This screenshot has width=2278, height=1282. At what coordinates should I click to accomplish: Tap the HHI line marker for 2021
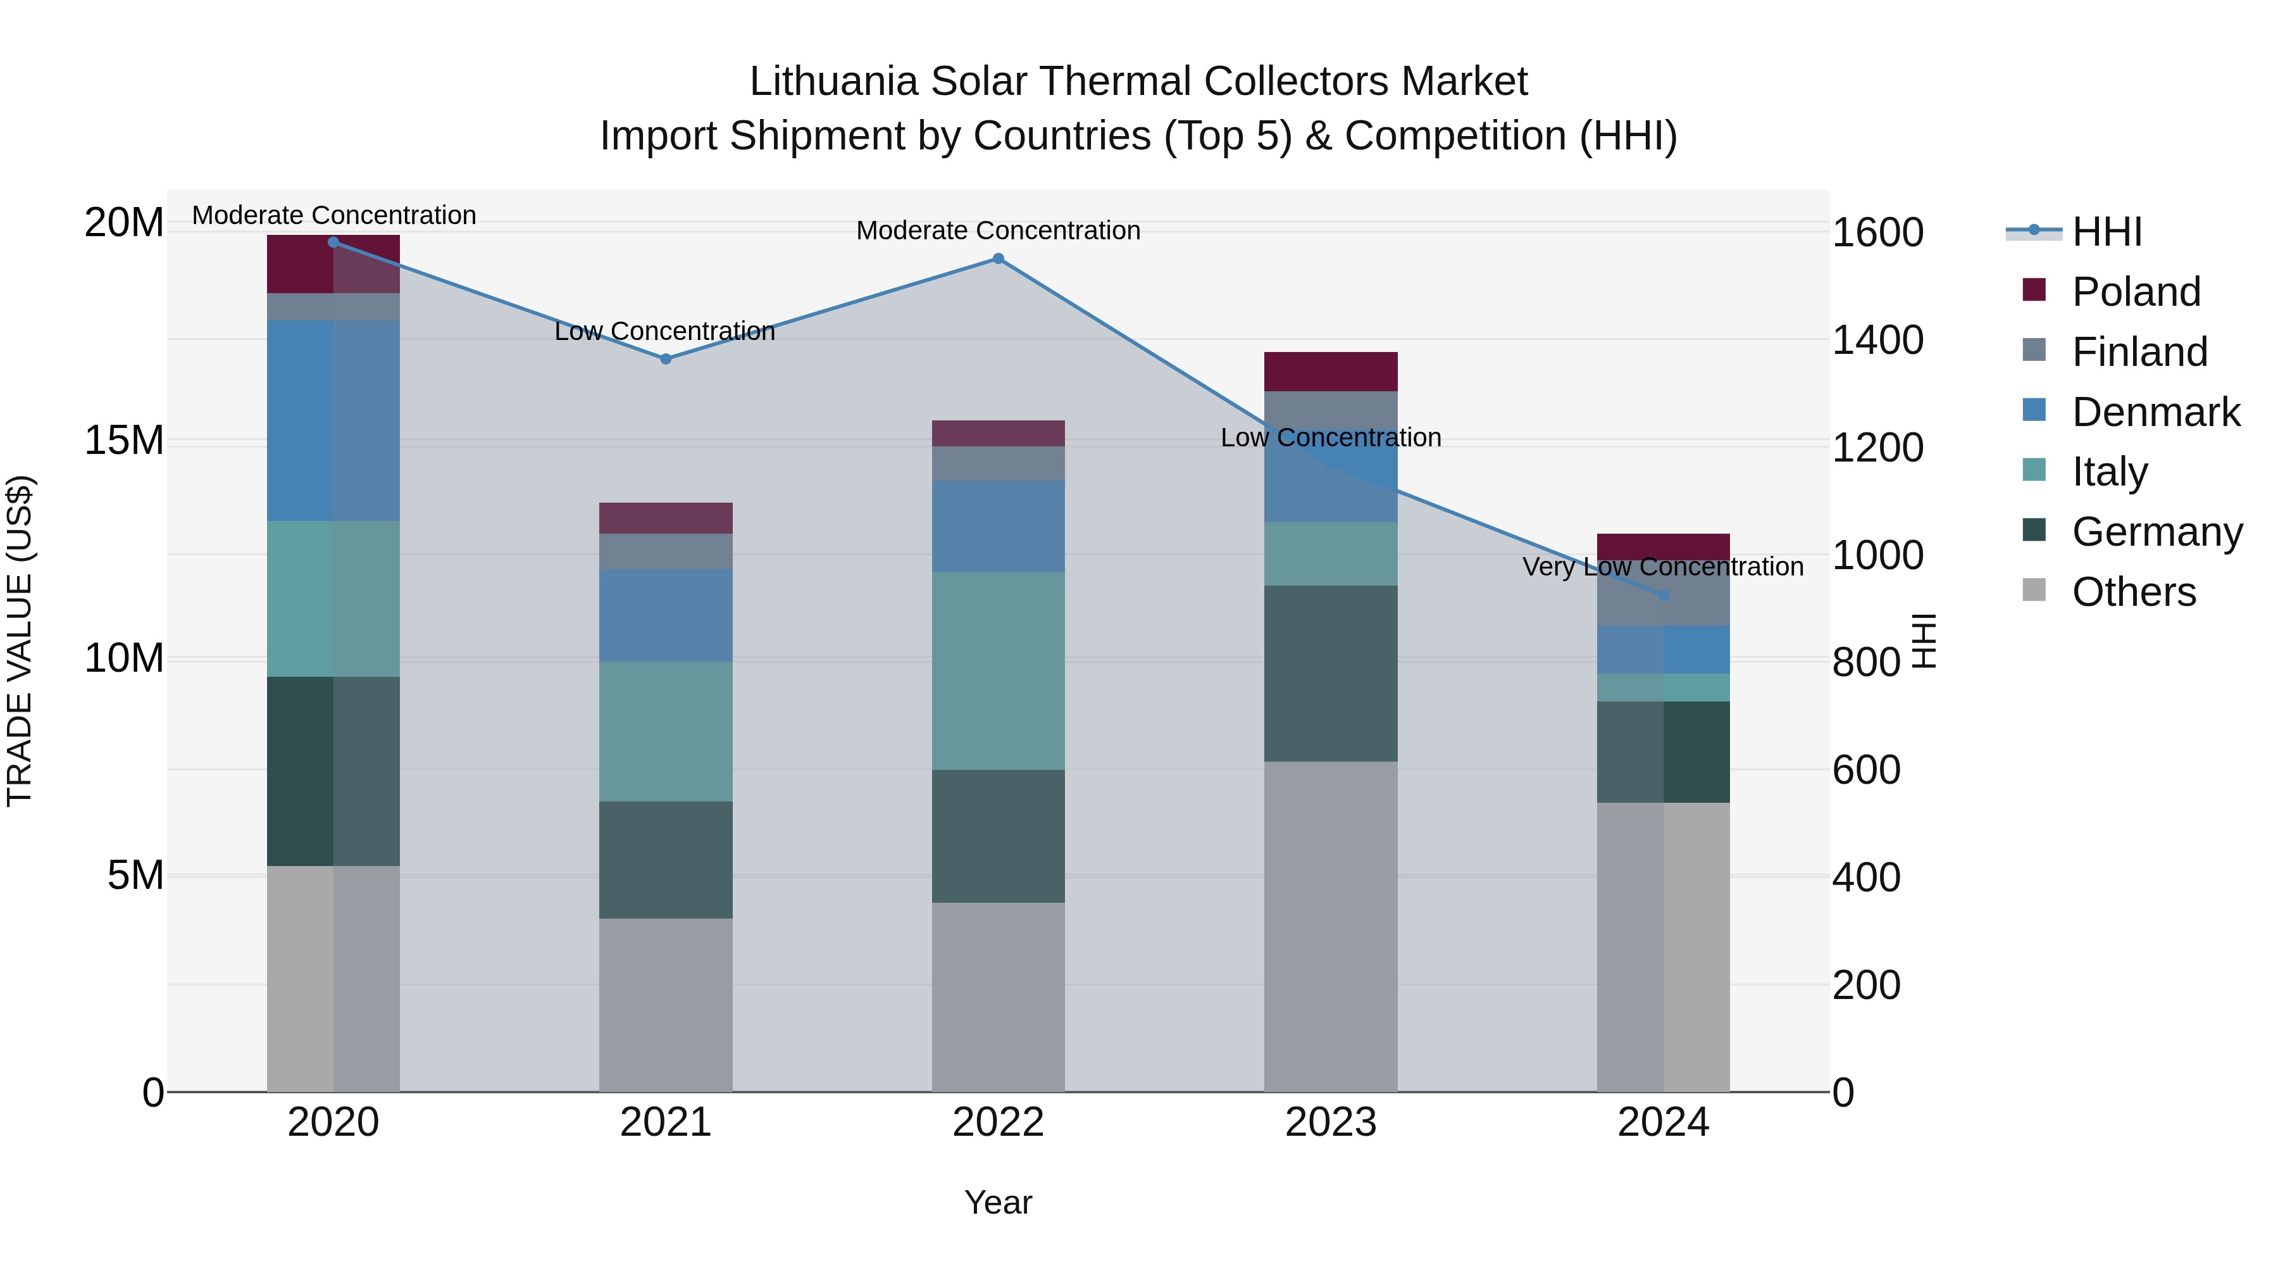click(x=666, y=358)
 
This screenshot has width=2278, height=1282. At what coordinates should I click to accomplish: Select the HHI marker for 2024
click(x=1664, y=596)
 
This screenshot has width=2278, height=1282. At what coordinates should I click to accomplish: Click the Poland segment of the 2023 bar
click(x=1330, y=372)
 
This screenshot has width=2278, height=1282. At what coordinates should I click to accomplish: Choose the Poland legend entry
click(x=2135, y=292)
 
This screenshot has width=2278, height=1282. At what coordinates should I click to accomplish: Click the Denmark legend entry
click(x=2155, y=412)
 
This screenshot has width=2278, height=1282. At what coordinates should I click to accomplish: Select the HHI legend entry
click(x=2107, y=232)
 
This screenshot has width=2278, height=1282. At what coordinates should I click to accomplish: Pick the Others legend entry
click(x=2133, y=592)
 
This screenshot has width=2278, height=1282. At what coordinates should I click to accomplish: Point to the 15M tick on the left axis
click(x=124, y=440)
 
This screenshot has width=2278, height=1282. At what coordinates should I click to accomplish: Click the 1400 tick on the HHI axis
click(x=1877, y=340)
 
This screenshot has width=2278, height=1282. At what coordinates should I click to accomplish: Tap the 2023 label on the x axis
click(x=1330, y=1122)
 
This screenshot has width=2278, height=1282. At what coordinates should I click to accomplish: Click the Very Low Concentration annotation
click(x=1662, y=566)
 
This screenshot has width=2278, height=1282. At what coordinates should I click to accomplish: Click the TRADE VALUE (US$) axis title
click(x=20, y=641)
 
